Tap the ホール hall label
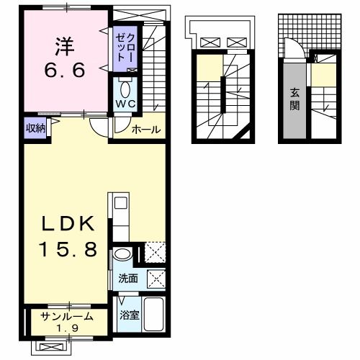tap(146, 130)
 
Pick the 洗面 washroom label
tap(127, 277)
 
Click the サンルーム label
tap(67, 315)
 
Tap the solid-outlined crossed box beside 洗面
tap(155, 279)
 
